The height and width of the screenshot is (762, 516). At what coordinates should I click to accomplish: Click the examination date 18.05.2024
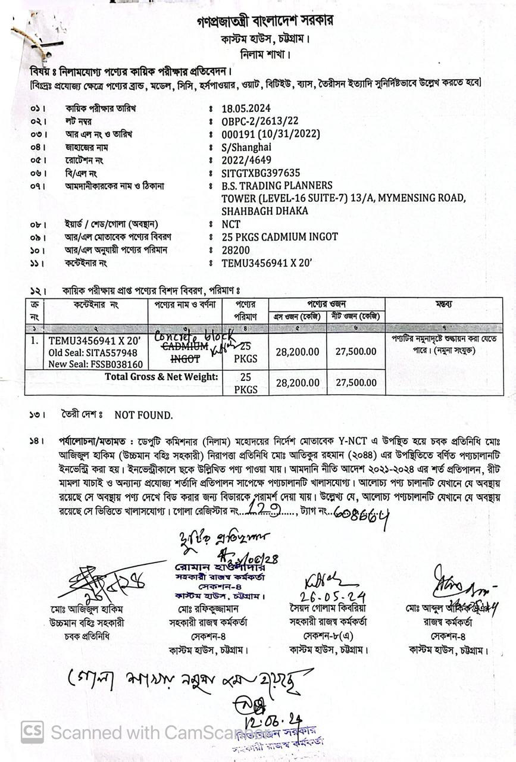(x=246, y=108)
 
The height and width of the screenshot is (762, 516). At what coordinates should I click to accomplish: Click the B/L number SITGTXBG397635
(x=261, y=173)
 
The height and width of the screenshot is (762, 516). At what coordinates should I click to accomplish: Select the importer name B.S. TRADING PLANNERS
(x=277, y=186)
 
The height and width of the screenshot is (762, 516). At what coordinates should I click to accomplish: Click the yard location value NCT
(x=231, y=224)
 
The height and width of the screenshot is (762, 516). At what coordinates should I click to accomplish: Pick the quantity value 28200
(x=236, y=250)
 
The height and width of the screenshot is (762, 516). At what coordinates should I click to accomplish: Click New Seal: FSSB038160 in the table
(x=95, y=364)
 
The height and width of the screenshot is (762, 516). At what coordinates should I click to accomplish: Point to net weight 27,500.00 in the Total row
(x=356, y=383)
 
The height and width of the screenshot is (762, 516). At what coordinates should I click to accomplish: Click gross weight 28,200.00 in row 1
(x=298, y=352)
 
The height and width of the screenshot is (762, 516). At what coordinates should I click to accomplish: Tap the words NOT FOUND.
(x=143, y=415)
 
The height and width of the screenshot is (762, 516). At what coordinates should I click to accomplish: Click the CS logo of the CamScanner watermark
(x=32, y=732)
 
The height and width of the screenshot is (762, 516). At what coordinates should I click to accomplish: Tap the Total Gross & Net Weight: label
(x=161, y=376)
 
